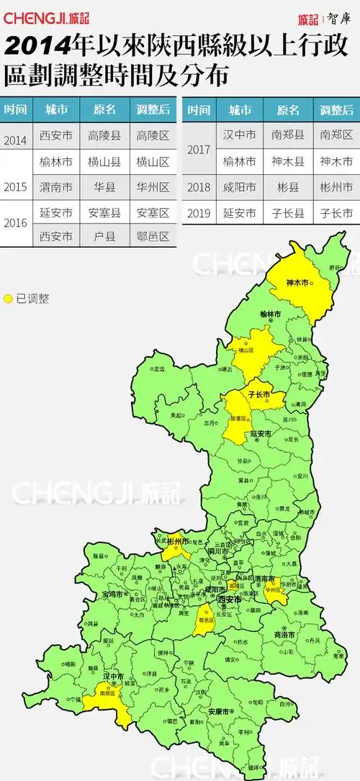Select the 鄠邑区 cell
(153, 235)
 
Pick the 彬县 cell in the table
(288, 187)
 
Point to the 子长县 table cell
(288, 213)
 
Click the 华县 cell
(104, 187)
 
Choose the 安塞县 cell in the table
(104, 213)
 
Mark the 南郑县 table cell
(288, 135)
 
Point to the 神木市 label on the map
(297, 283)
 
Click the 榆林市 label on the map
(271, 314)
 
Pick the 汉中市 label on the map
(113, 677)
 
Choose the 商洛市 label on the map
(285, 634)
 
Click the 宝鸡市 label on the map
(113, 594)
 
